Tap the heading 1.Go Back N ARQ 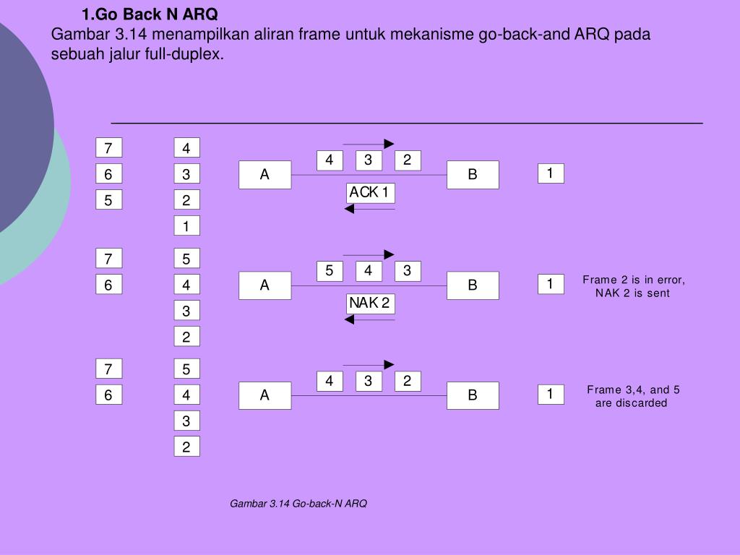(x=149, y=15)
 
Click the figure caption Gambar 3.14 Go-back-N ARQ (x=298, y=504)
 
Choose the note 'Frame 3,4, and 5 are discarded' (x=633, y=397)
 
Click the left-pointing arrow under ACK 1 (x=369, y=210)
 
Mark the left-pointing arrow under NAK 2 (x=369, y=319)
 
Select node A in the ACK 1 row (x=264, y=175)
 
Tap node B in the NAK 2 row (x=473, y=285)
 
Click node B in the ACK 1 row (x=473, y=175)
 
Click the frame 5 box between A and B (x=330, y=271)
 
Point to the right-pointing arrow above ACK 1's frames (x=369, y=144)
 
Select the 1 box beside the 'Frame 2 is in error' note (x=551, y=285)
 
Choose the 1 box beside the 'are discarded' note (x=551, y=395)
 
